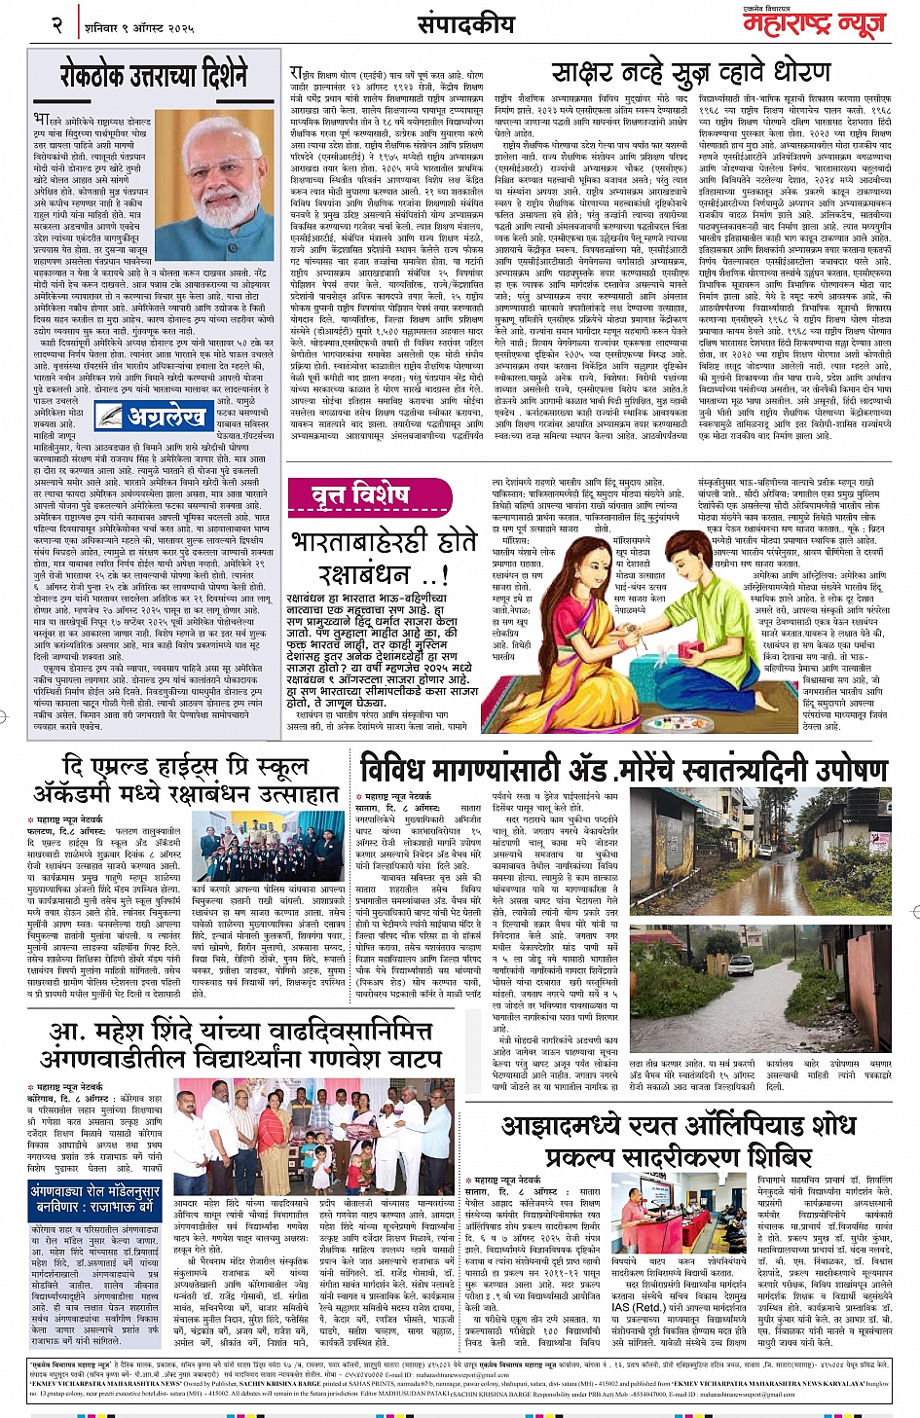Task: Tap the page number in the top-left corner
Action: click(x=56, y=25)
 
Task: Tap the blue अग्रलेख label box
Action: click(x=166, y=418)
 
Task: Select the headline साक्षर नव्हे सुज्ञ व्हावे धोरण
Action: click(x=690, y=72)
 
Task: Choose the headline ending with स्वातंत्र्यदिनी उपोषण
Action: click(x=624, y=769)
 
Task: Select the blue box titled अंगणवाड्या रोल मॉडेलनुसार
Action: click(x=94, y=1199)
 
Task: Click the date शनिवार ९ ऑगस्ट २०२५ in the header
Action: click(x=136, y=27)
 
